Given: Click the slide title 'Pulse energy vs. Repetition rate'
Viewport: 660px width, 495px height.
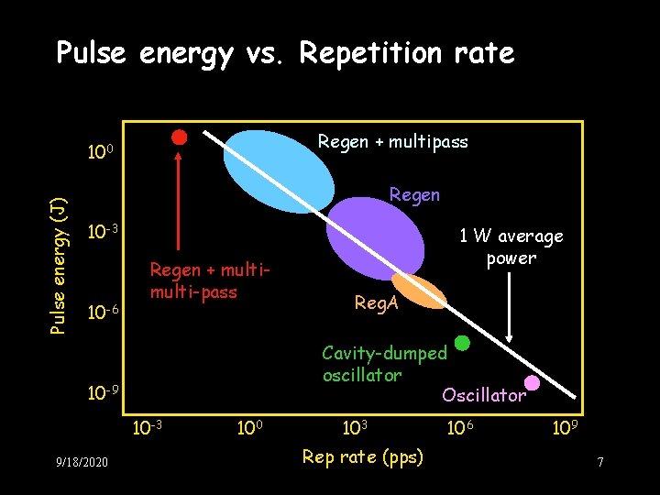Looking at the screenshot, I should (x=285, y=53).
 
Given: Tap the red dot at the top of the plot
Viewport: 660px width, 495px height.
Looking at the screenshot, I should (x=180, y=137).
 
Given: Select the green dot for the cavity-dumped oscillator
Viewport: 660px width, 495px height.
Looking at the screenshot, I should (x=463, y=343).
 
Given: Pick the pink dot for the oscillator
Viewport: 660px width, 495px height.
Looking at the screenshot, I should (x=532, y=382).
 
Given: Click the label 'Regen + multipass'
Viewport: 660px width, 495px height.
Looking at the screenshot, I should (x=392, y=141).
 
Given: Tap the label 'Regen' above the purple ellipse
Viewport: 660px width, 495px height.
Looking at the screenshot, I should (x=414, y=194).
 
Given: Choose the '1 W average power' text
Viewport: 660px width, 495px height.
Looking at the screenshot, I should (x=511, y=247).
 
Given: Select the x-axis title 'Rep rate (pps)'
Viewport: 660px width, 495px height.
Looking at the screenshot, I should (x=363, y=456).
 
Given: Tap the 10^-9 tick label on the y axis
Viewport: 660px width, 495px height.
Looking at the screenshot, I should (x=103, y=393).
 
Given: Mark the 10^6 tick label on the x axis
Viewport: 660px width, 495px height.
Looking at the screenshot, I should (x=458, y=427).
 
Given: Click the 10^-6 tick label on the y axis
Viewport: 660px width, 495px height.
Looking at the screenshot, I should (x=103, y=311).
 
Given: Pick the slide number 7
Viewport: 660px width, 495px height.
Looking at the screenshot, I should (x=600, y=463).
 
